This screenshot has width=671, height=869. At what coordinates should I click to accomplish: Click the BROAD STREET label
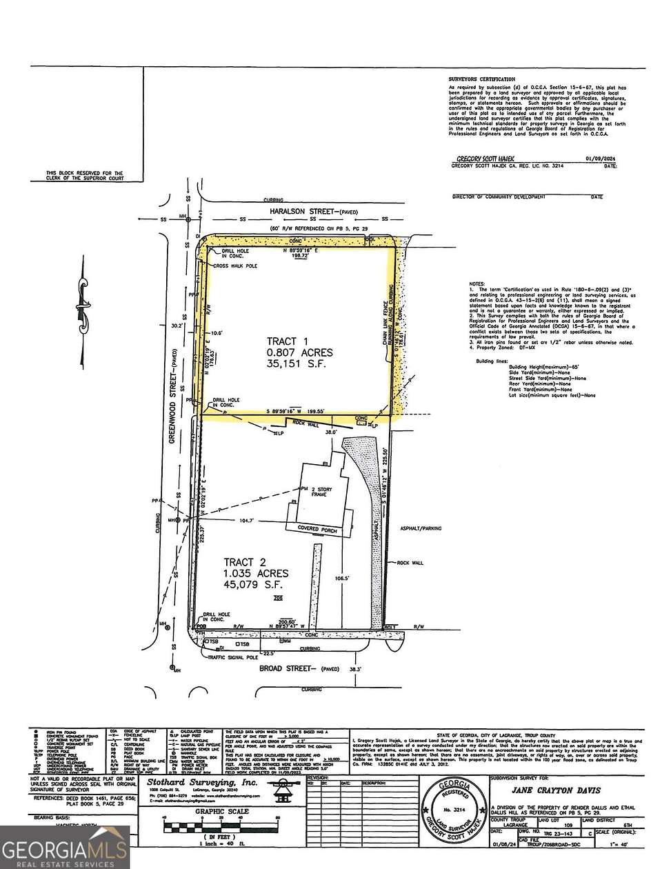point(285,668)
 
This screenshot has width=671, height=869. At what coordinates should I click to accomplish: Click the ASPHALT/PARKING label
point(420,528)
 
